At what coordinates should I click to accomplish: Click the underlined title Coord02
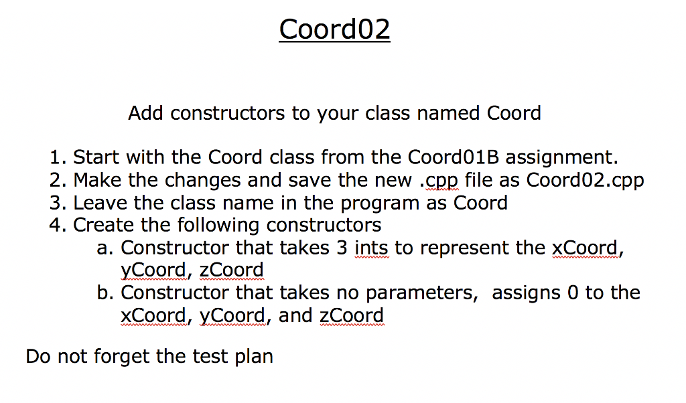[334, 29]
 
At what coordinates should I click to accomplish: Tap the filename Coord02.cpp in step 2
[585, 181]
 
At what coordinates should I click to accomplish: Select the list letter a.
[103, 248]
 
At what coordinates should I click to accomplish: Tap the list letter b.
[103, 293]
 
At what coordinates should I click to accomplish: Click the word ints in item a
[371, 248]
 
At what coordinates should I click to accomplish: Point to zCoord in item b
[352, 315]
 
